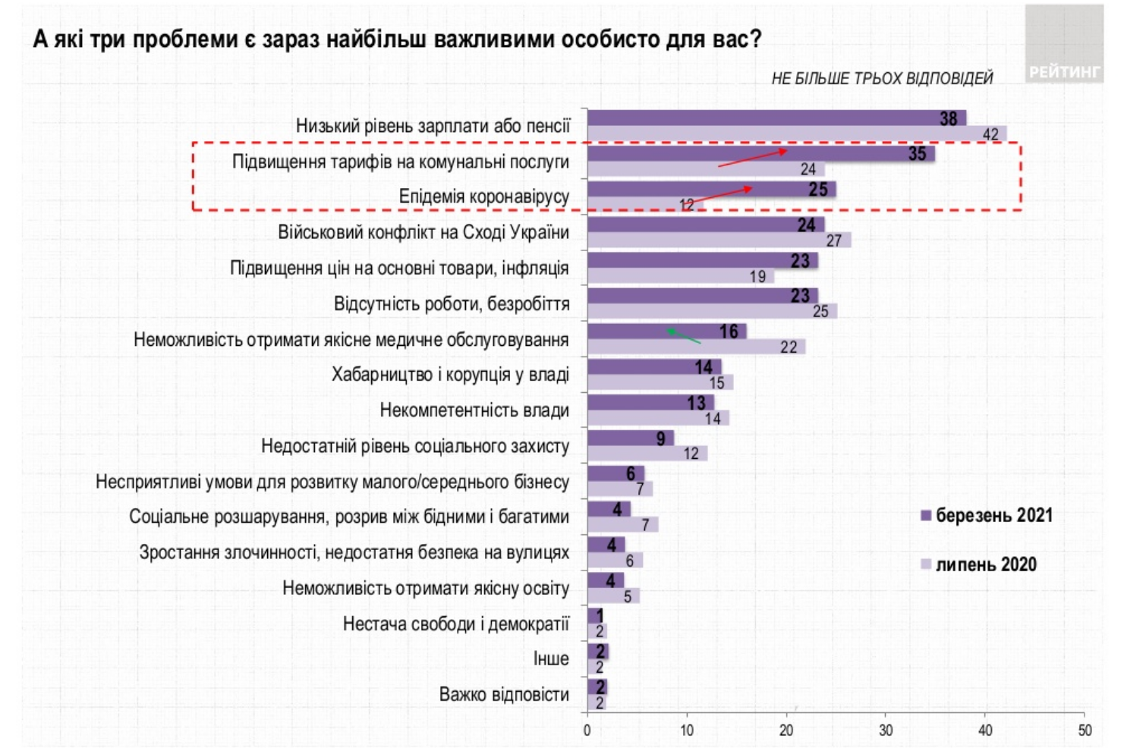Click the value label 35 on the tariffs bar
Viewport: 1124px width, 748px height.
pyautogui.click(x=917, y=154)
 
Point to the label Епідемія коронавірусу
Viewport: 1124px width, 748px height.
pyautogui.click(x=483, y=196)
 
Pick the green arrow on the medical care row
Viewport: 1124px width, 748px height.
pyautogui.click(x=683, y=336)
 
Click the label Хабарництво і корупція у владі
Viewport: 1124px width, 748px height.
pyautogui.click(x=450, y=375)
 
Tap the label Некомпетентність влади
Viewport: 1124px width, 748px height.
pyautogui.click(x=474, y=410)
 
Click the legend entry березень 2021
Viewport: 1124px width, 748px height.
pyautogui.click(x=986, y=516)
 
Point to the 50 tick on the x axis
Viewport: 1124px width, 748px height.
pyautogui.click(x=1085, y=731)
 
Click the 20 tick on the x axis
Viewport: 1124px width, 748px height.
pyautogui.click(x=786, y=731)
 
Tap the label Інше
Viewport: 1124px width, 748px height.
pyautogui.click(x=551, y=658)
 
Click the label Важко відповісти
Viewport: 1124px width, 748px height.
pyautogui.click(x=504, y=694)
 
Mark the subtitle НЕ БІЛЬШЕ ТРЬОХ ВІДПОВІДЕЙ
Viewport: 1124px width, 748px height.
pyautogui.click(x=882, y=79)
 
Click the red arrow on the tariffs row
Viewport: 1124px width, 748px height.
pyautogui.click(x=752, y=158)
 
